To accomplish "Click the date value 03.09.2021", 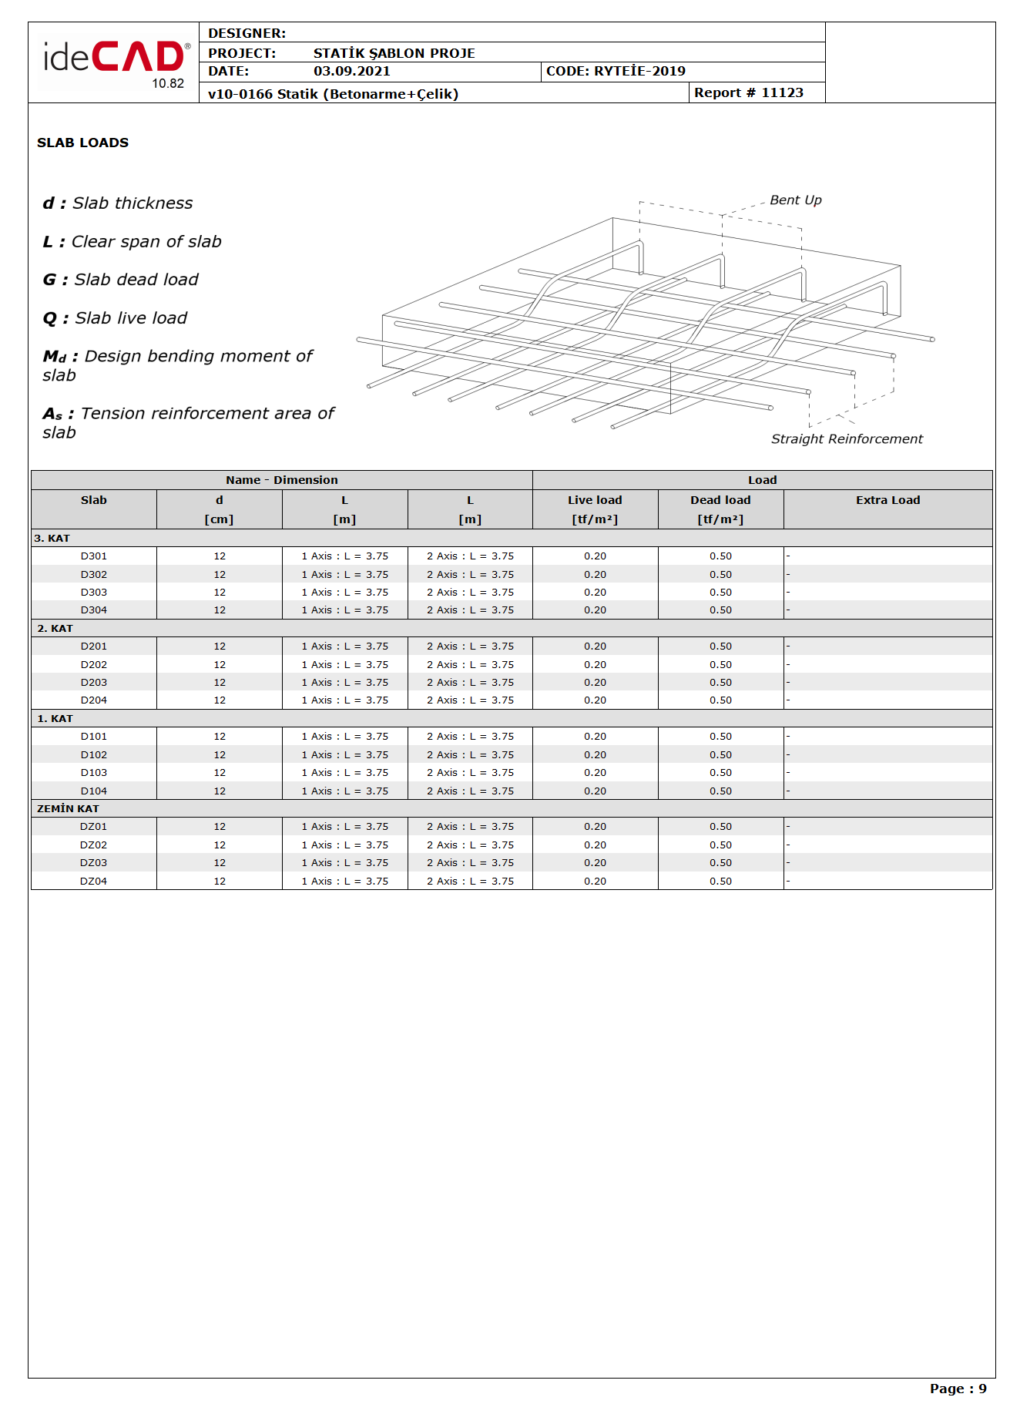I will [351, 71].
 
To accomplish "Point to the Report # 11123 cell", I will [748, 92].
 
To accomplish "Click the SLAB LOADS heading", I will [82, 143].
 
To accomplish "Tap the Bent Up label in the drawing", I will [795, 200].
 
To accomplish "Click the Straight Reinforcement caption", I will [846, 438].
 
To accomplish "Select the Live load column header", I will [595, 500].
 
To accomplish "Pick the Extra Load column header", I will [888, 500].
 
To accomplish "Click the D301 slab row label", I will [94, 556].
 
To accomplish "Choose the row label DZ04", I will [94, 881].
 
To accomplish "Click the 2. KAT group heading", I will [55, 628].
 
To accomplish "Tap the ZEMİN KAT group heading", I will [68, 808].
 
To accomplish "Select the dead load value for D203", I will [720, 682].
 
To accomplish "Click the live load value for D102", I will [595, 754].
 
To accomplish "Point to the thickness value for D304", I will [220, 610].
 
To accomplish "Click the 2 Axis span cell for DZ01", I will [470, 826].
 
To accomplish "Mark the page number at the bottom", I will [958, 1389].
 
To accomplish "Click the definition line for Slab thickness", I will [118, 203].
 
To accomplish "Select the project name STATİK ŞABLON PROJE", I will [394, 53].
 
